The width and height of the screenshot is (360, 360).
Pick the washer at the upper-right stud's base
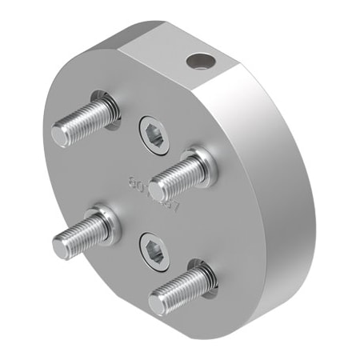pos(202,164)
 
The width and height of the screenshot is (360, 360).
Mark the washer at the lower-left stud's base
pos(107,222)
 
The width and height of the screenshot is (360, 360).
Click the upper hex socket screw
pos(153,134)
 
